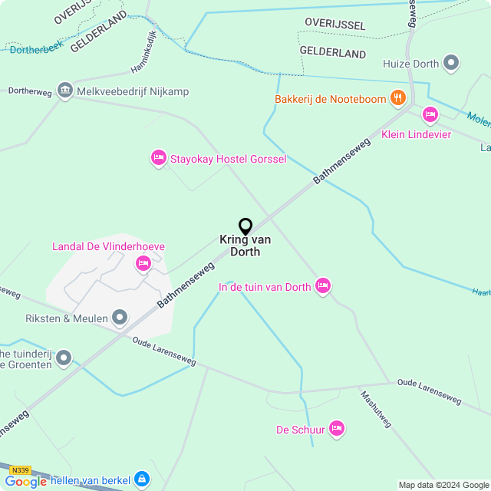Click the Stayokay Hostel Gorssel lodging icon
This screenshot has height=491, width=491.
point(159,158)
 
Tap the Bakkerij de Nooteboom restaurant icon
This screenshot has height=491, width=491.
point(397,97)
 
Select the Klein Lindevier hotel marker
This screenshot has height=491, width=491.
point(430,115)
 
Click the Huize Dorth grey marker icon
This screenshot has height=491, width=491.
point(452,62)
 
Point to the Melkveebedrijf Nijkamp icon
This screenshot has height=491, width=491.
point(64,91)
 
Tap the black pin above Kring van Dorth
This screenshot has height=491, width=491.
point(245,227)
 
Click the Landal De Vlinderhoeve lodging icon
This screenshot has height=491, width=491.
point(143,264)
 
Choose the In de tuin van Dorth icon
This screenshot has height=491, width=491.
point(323,286)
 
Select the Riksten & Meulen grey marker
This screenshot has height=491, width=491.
point(120,317)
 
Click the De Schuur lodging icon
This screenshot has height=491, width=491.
point(336,429)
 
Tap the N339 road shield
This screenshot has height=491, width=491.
point(21,470)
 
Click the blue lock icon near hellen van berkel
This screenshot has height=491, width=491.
point(141,480)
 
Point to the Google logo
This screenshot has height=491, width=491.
point(26,481)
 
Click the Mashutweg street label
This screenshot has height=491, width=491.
point(376,410)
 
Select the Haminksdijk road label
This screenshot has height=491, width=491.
point(147,58)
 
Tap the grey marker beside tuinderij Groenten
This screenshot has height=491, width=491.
point(64,358)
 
